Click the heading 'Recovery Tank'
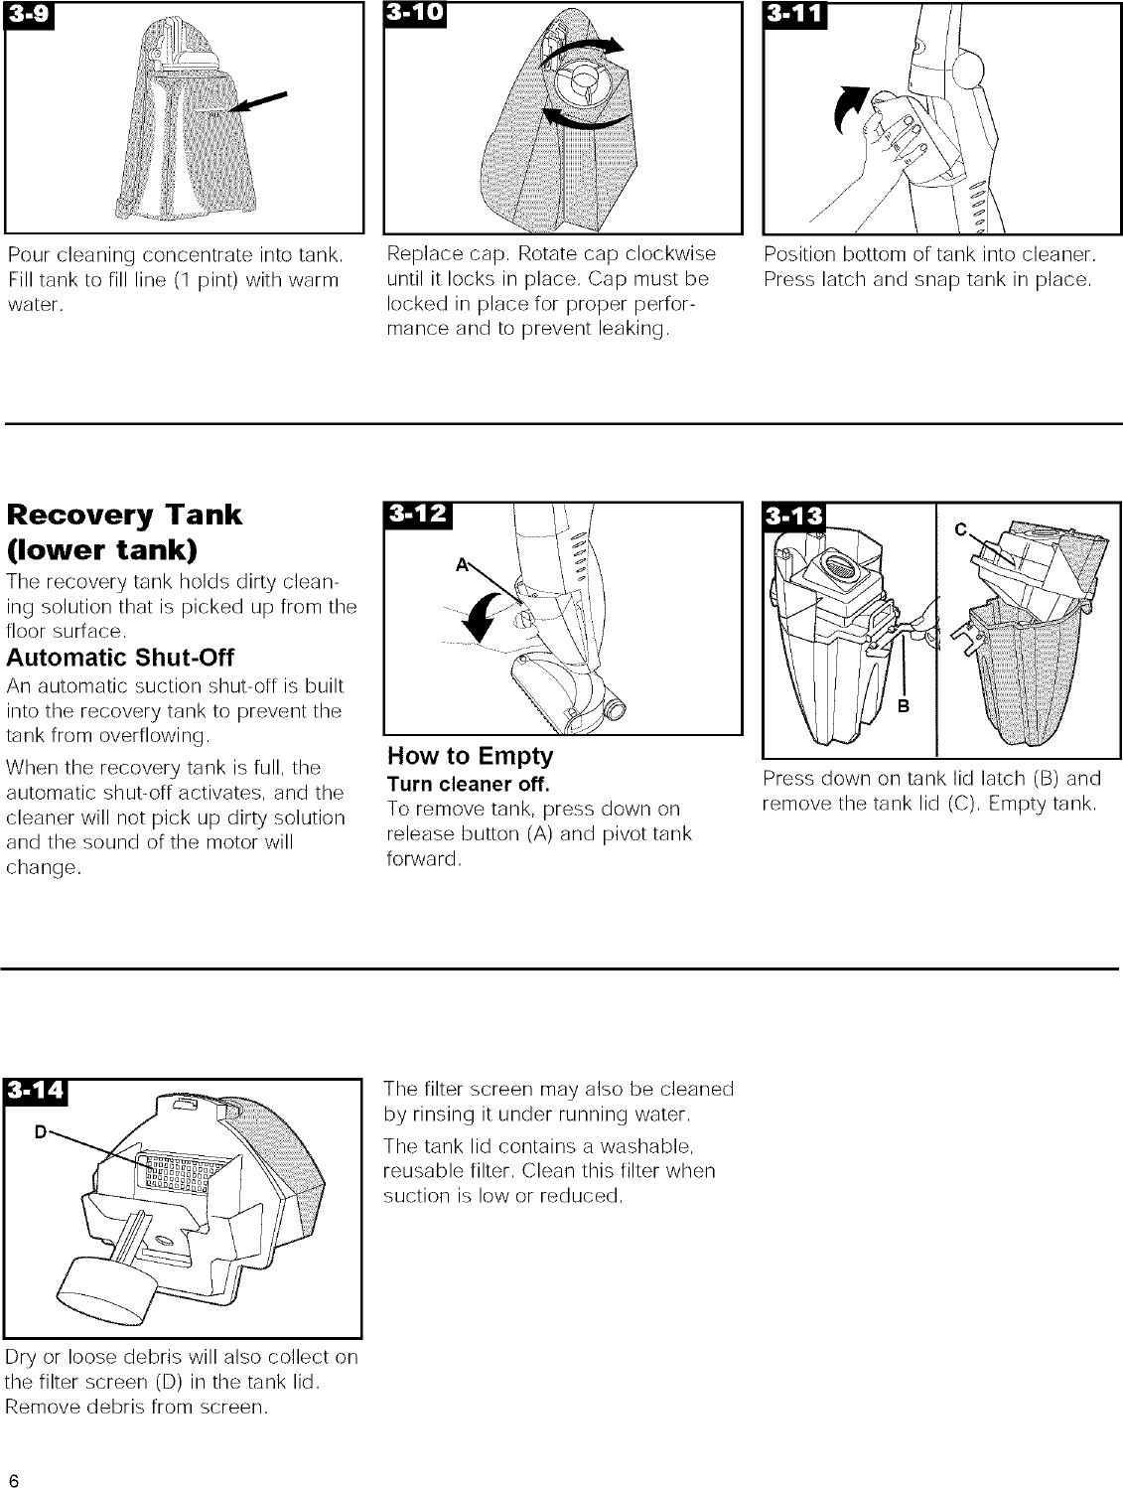pos(124,515)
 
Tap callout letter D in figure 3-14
pos(42,1129)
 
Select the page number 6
pos(13,1472)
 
